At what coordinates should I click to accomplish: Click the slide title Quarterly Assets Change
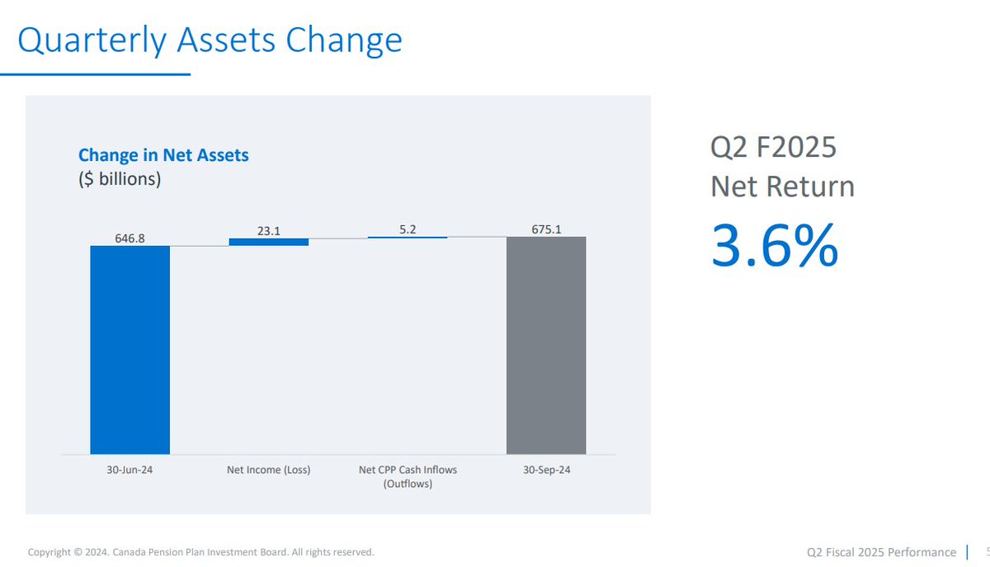[210, 40]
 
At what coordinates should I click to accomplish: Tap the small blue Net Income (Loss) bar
[268, 242]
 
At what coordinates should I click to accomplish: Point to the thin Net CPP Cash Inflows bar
[408, 238]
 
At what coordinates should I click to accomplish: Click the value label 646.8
[130, 238]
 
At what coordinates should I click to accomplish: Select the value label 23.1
[268, 231]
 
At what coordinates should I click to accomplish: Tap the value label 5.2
[408, 229]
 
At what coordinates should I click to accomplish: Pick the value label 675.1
[546, 229]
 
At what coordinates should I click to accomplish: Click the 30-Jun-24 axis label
[130, 470]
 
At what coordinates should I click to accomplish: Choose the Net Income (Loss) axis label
[268, 470]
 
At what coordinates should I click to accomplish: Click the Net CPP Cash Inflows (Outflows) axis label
[408, 476]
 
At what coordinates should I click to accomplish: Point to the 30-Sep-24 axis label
[546, 470]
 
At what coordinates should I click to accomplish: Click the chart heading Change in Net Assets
[163, 154]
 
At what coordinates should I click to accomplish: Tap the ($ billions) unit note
[120, 178]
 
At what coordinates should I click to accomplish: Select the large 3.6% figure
[774, 246]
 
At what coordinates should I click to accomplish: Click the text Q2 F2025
[773, 148]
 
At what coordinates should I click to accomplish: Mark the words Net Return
[782, 187]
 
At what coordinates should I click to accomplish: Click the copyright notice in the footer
[200, 551]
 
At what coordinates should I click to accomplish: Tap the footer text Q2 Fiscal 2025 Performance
[881, 551]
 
